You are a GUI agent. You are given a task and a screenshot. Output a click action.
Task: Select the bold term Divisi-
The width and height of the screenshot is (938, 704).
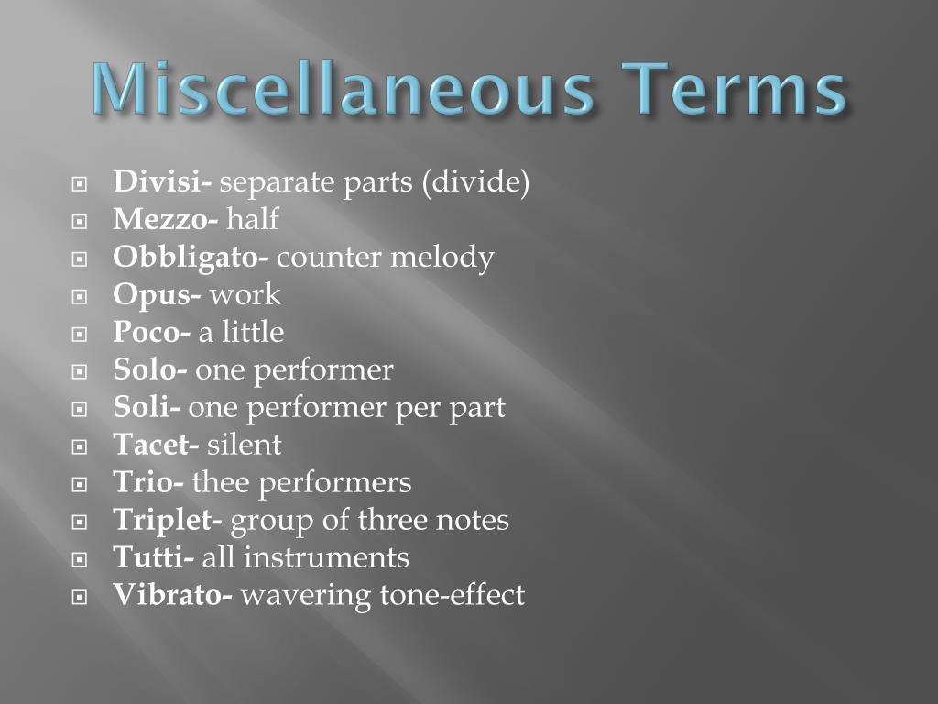[162, 182]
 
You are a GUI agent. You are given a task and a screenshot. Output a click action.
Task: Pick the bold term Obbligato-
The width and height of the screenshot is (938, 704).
[191, 258]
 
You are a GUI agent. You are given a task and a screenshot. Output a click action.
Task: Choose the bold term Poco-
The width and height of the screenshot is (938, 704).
[152, 332]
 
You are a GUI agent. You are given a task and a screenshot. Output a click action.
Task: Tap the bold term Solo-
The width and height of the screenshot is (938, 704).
[150, 369]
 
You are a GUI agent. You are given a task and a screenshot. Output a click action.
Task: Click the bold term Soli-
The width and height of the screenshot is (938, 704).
[147, 407]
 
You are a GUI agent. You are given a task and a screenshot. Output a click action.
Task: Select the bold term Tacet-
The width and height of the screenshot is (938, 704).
[156, 445]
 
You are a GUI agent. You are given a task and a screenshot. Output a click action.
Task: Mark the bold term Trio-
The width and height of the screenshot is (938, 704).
[148, 482]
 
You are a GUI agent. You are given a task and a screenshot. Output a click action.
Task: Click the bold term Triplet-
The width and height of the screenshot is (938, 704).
[168, 520]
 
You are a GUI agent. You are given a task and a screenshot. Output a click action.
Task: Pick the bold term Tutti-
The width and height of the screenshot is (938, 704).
[153, 557]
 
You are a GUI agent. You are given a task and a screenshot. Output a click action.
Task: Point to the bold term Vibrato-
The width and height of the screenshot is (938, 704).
[172, 595]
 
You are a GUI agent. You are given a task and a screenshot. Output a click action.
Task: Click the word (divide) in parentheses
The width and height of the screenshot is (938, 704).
[475, 182]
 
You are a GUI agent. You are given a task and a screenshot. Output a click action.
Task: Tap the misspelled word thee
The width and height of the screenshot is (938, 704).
[217, 482]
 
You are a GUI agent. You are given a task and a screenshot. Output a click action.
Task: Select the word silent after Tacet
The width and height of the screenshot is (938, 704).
[245, 445]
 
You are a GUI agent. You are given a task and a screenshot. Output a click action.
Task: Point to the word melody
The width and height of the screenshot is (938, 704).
[442, 258]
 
